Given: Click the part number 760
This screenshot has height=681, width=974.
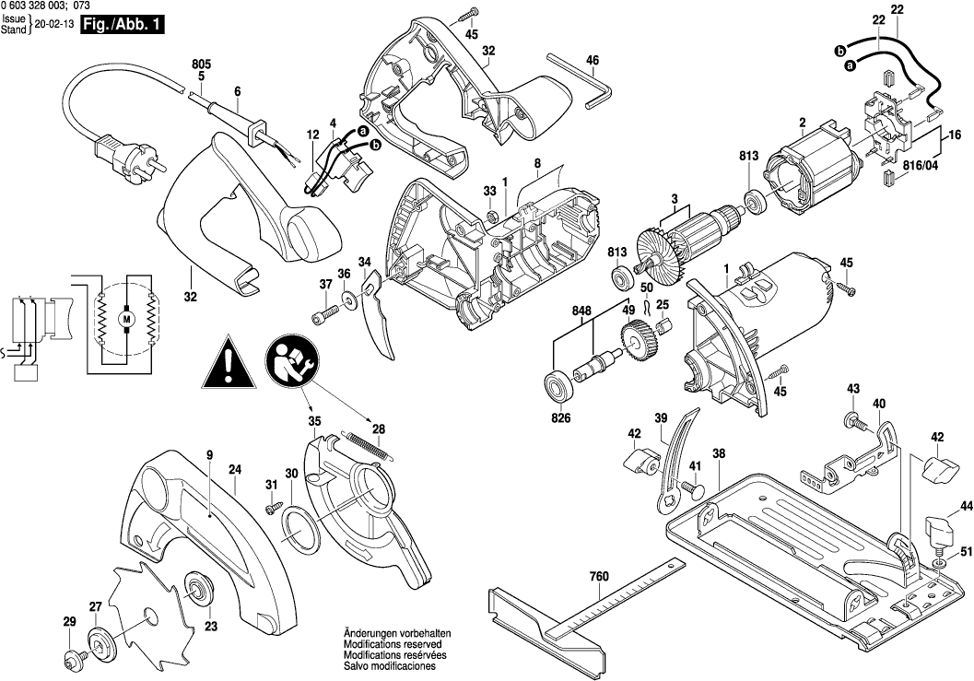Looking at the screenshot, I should pos(599,579).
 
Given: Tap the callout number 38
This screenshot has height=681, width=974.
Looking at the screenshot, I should pos(719,453).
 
